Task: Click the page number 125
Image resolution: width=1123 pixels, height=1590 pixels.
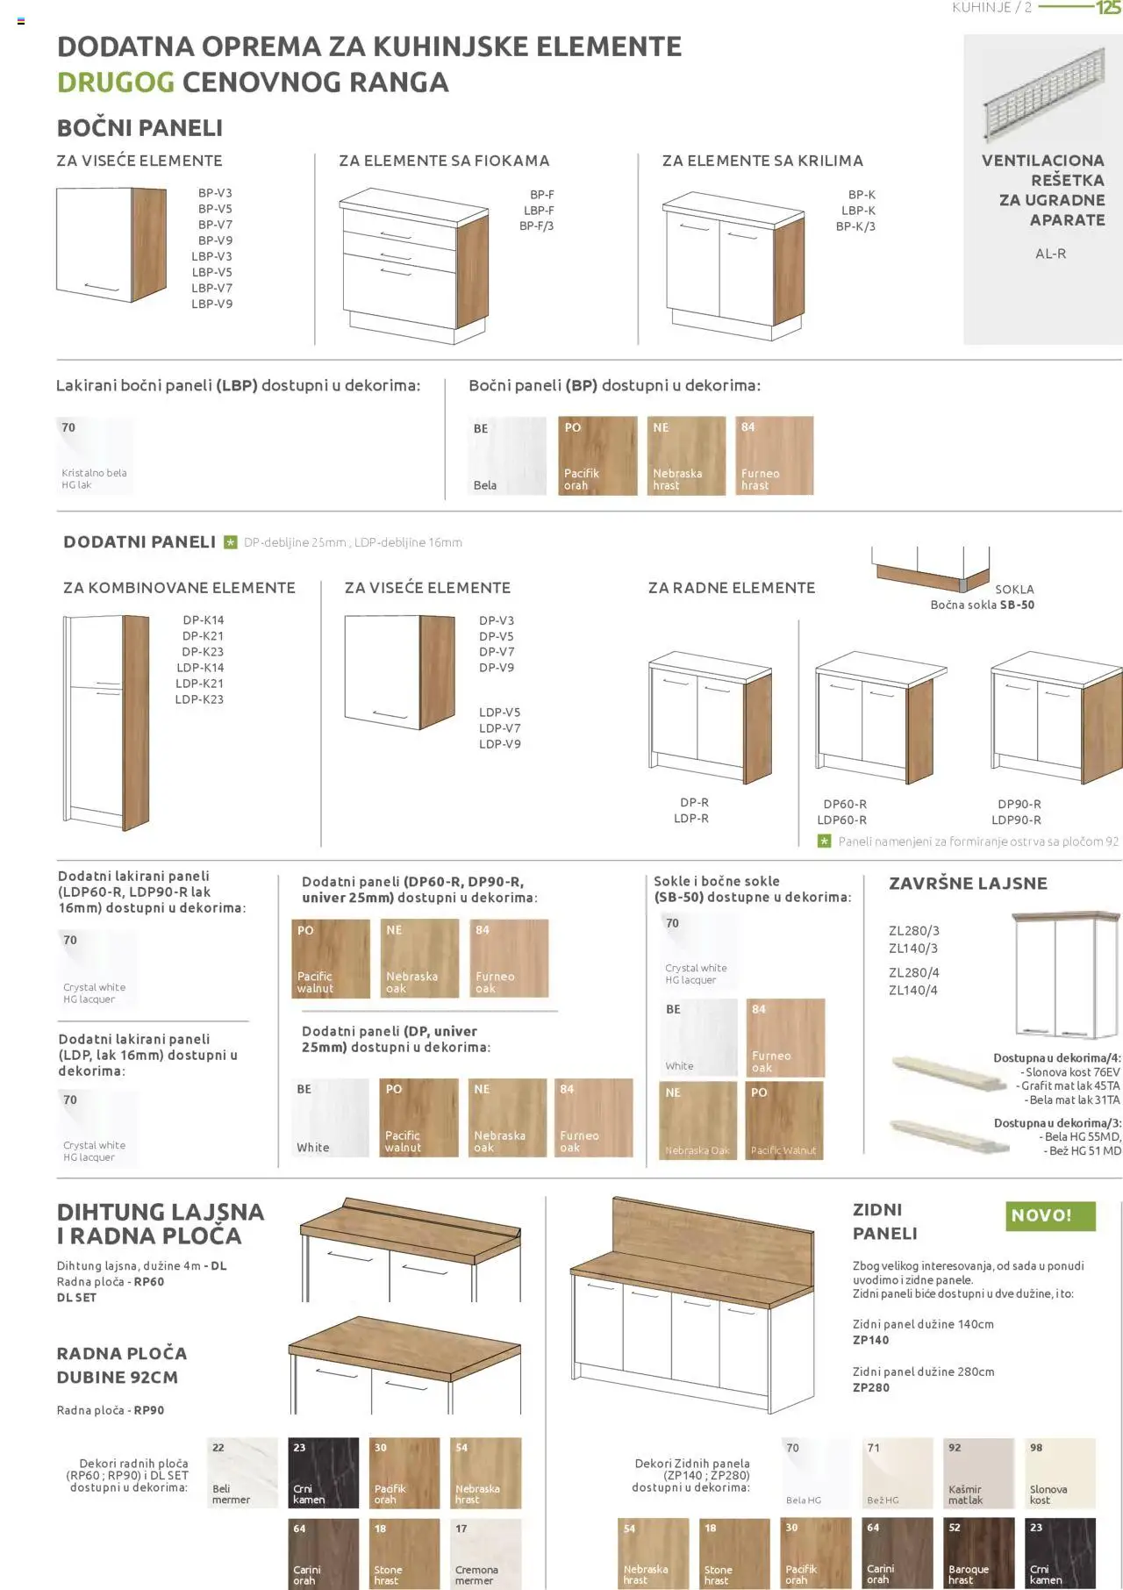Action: [1108, 8]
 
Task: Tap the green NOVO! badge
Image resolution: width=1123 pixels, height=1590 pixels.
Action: [1051, 1215]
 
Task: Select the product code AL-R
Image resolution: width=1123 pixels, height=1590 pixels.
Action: [1050, 254]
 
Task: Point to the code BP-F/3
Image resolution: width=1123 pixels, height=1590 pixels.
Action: [536, 226]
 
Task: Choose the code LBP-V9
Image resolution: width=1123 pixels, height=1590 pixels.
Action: [212, 304]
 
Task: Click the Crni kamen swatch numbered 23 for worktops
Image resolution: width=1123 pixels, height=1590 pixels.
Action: [324, 1472]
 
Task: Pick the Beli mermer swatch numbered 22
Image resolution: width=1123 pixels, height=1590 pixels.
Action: [243, 1472]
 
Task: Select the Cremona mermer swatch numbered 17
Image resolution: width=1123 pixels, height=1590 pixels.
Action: [486, 1554]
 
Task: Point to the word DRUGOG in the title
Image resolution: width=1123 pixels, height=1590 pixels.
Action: [116, 82]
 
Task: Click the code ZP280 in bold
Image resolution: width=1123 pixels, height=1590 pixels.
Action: [871, 1387]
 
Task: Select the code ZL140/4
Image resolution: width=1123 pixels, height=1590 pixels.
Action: [913, 991]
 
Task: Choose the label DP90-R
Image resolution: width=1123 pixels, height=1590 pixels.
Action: [1019, 804]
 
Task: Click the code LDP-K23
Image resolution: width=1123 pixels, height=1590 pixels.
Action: [199, 699]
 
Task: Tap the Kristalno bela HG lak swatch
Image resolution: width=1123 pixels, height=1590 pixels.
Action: [96, 456]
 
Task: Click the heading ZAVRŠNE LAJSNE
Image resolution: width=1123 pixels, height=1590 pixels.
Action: [968, 884]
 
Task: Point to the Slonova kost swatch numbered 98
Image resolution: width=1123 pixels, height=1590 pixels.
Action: [1061, 1472]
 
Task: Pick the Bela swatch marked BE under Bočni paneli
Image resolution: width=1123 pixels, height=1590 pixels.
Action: [507, 456]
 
